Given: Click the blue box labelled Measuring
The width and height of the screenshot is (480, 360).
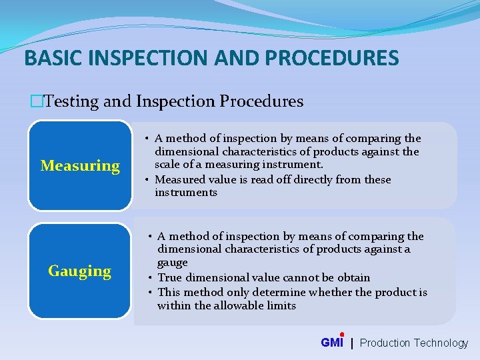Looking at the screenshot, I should coord(80,165).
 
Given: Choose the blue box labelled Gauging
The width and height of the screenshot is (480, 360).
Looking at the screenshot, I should coord(80,271).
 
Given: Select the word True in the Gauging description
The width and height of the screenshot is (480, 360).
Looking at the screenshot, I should coord(170,277).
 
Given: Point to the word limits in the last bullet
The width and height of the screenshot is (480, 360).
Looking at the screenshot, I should coord(280,305).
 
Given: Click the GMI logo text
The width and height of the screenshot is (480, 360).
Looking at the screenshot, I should coord(331,343).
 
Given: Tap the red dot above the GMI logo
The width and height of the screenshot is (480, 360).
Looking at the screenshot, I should coord(341,335).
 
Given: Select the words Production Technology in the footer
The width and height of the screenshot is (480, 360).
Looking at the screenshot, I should coord(414,343).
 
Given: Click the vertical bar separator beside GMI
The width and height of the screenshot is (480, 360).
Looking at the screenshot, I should coord(352,343).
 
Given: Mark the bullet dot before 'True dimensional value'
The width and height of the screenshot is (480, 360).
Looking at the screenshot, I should coord(151,278).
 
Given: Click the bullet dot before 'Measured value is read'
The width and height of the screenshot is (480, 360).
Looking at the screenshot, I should coord(148,180).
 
